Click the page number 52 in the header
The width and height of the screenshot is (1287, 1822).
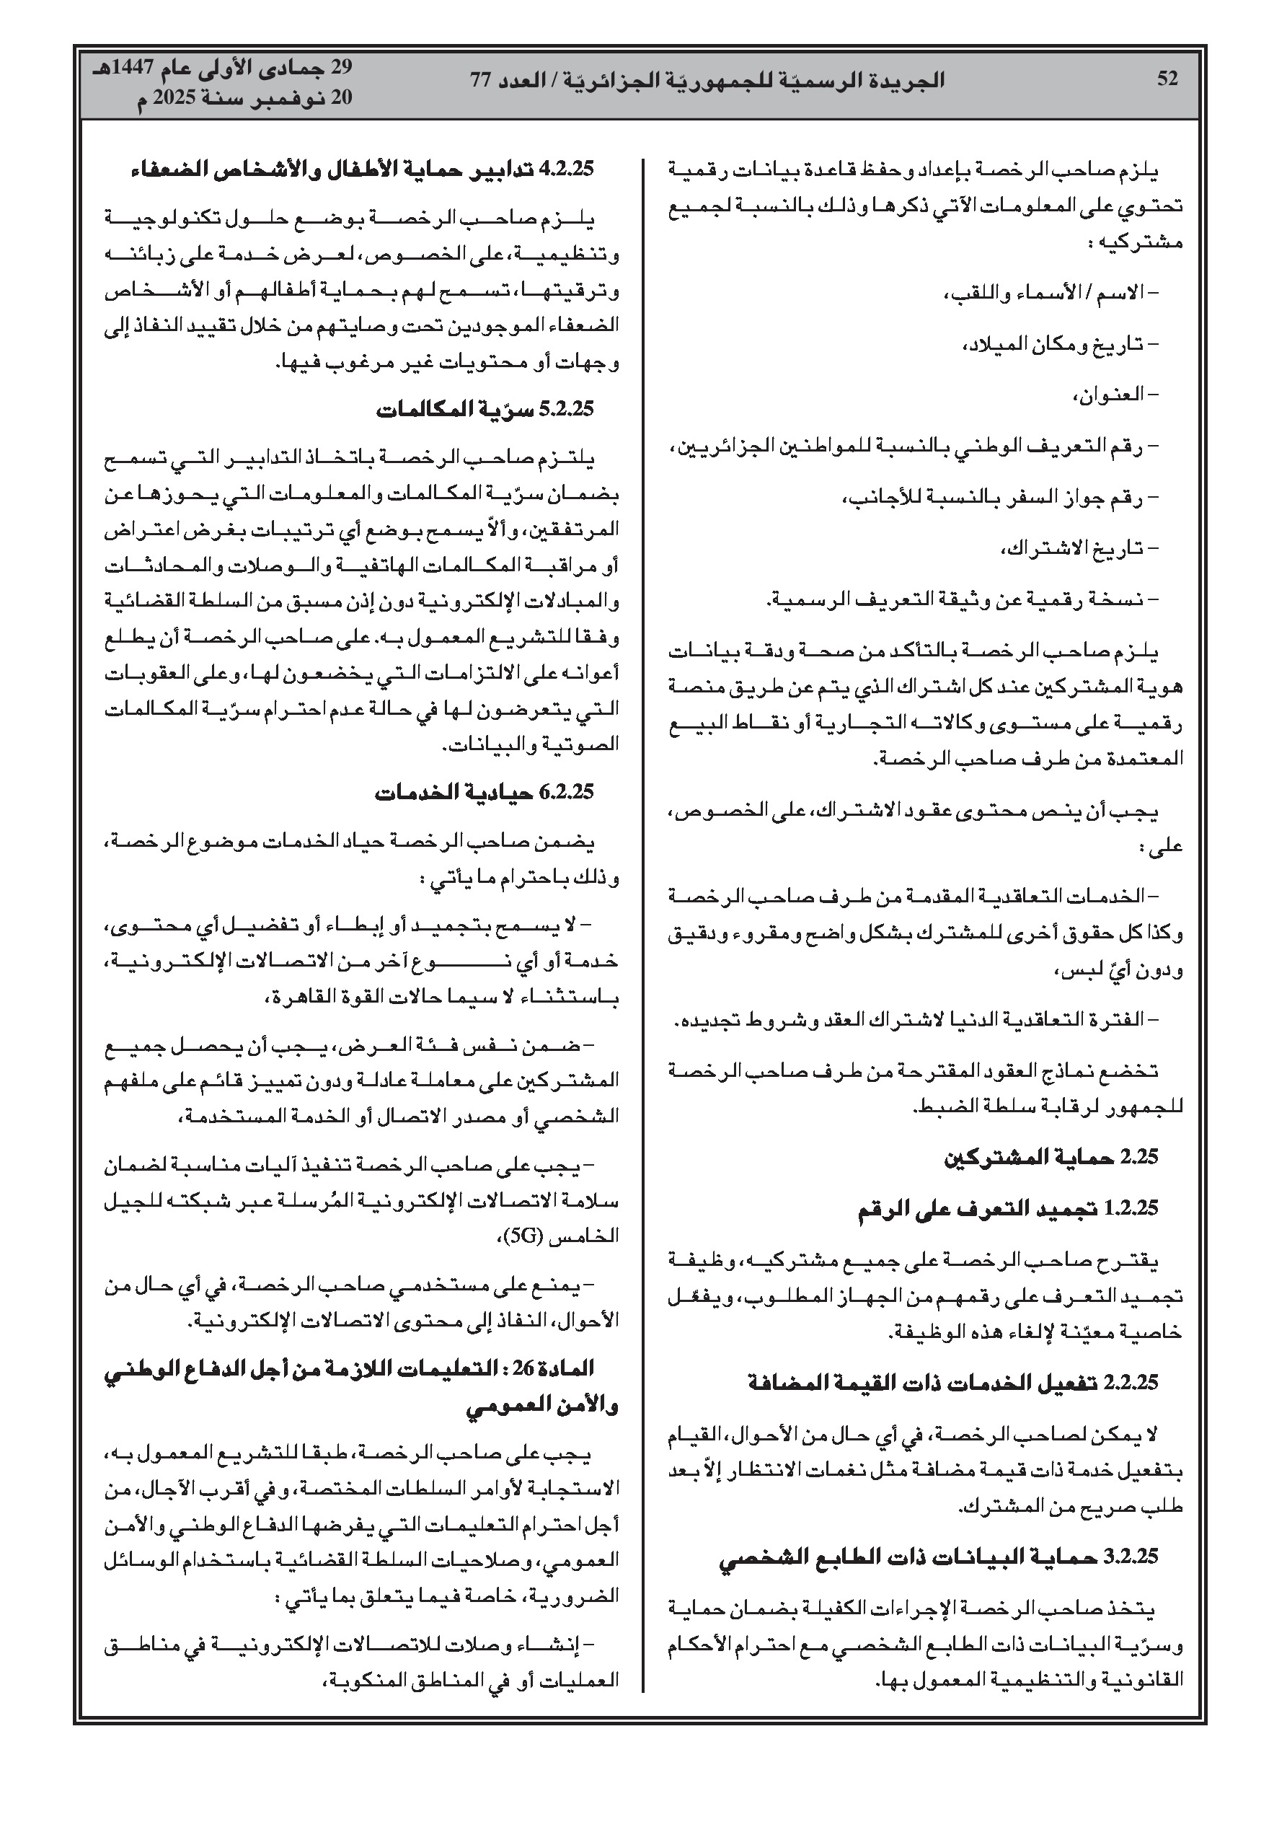1167,79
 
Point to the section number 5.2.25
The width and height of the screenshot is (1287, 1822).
567,410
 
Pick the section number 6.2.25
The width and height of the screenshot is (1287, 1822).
567,792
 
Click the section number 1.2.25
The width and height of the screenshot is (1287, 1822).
1131,1209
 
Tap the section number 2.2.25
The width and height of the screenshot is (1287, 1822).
1131,1383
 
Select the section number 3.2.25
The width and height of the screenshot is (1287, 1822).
1131,1558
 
